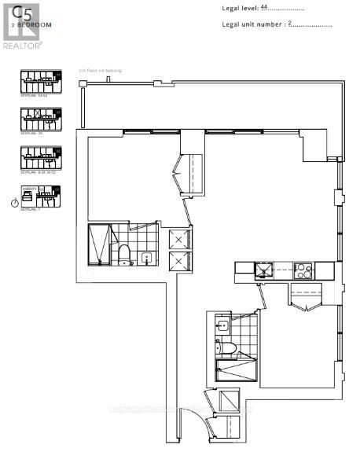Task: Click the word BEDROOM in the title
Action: click(x=35, y=25)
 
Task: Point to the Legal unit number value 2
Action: click(x=290, y=24)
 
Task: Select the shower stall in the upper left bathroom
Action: click(x=99, y=245)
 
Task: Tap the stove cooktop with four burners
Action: click(x=303, y=270)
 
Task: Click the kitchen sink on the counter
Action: click(x=263, y=271)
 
